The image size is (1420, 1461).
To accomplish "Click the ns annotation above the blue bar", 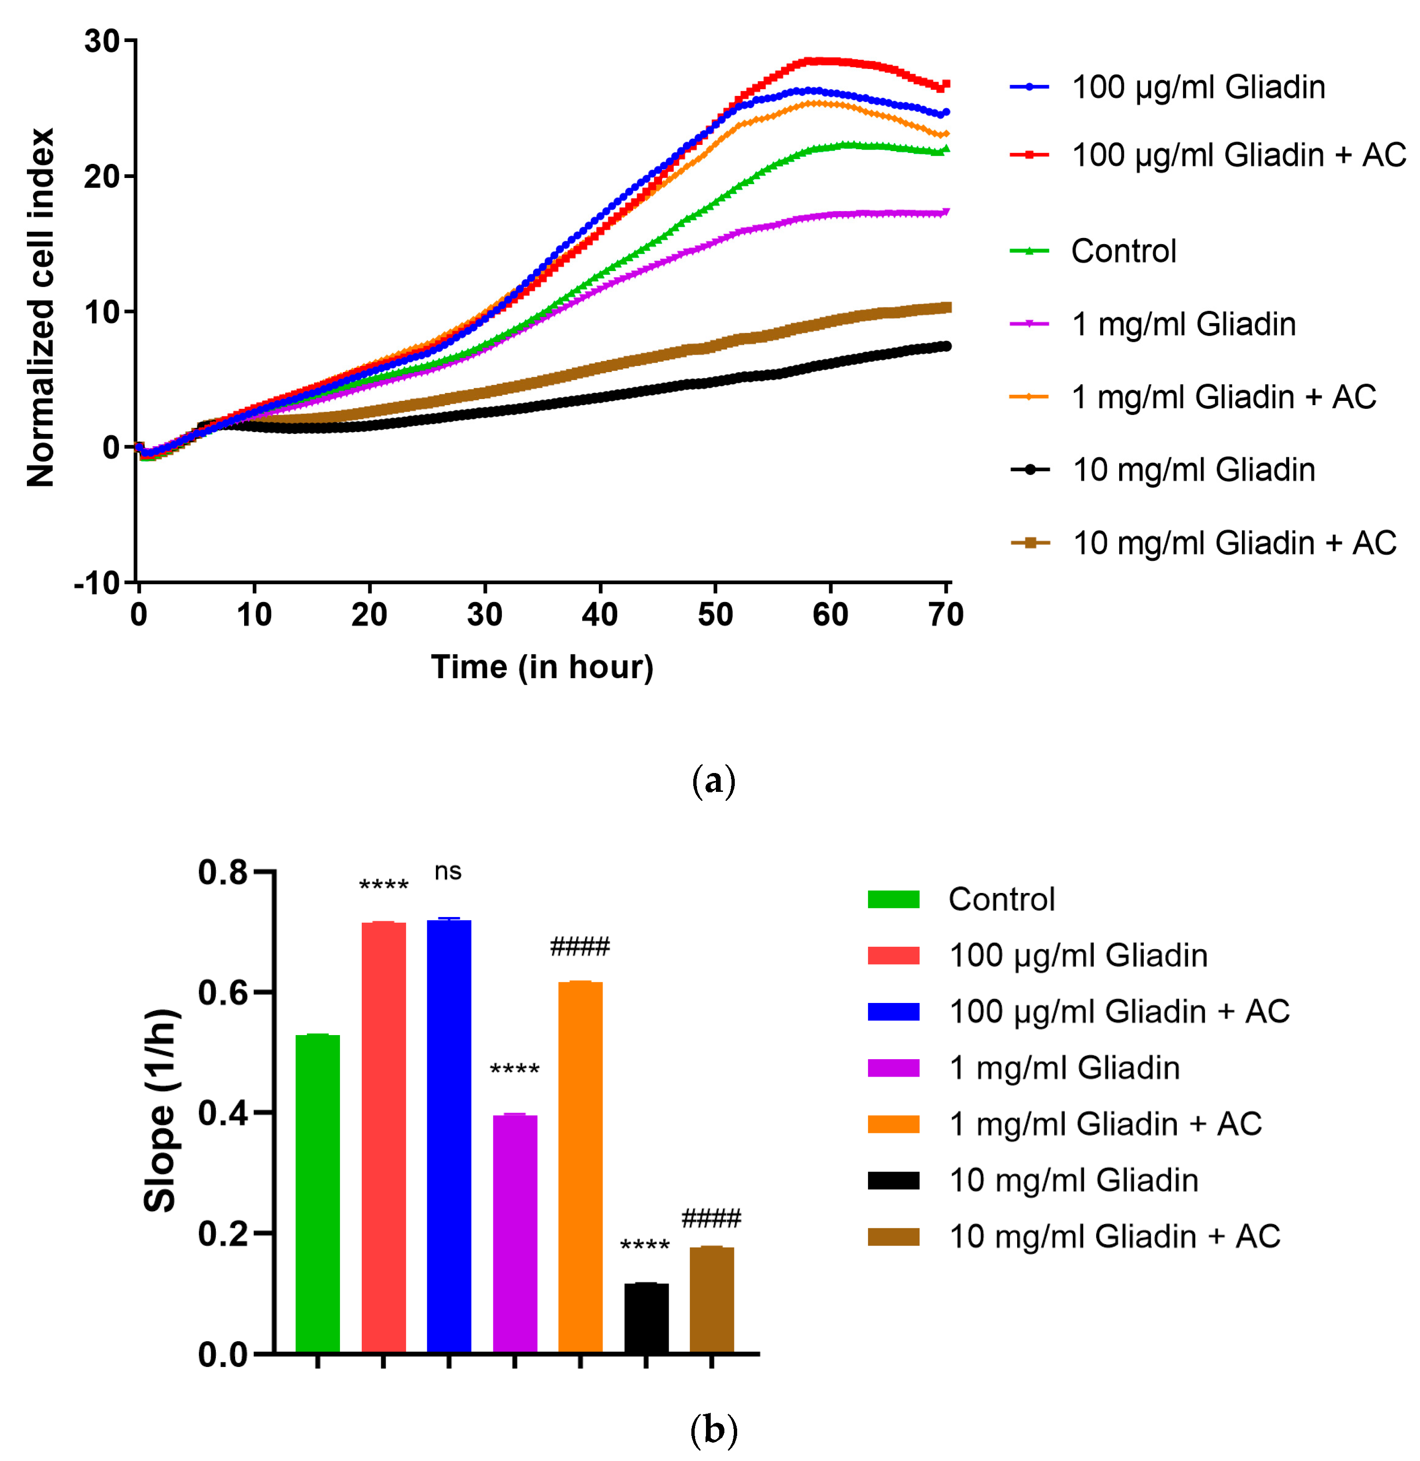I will (x=448, y=871).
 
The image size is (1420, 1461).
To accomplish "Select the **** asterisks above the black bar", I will (x=645, y=1246).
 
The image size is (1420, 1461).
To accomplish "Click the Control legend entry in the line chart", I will (x=1123, y=251).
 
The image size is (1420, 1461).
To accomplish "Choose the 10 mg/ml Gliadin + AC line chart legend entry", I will (x=1233, y=543).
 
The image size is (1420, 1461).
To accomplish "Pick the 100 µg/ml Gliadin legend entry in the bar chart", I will (x=1078, y=955).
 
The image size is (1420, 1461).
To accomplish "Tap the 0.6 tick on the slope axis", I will (x=222, y=992).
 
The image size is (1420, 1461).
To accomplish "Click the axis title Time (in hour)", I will (x=542, y=667).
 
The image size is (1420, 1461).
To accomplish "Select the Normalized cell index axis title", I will (x=41, y=307).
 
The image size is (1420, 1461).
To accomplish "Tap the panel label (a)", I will (x=714, y=781).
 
